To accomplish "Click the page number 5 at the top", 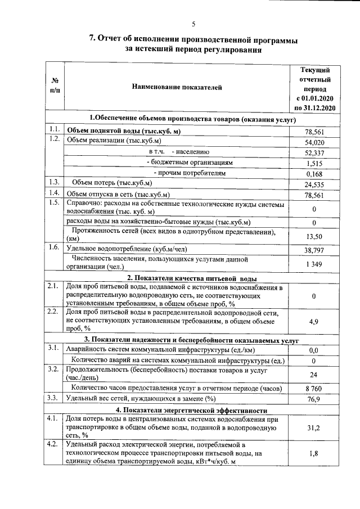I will (x=193, y=23).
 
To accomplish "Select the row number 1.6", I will (x=55, y=248).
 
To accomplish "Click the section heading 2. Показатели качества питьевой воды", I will (x=192, y=278).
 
